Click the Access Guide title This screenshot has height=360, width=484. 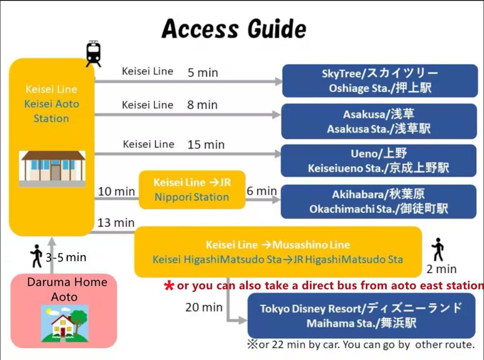pyautogui.click(x=234, y=29)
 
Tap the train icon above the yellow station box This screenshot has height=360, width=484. pyautogui.click(x=93, y=53)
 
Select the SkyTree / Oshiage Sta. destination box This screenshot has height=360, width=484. pyautogui.click(x=380, y=81)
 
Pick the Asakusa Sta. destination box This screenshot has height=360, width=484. pyautogui.click(x=379, y=121)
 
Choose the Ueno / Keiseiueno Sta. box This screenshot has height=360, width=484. pyautogui.click(x=379, y=161)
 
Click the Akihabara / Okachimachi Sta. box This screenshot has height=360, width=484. pyautogui.click(x=379, y=202)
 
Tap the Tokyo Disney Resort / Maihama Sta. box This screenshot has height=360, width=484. pyautogui.click(x=362, y=316)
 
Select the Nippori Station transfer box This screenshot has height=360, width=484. pyautogui.click(x=192, y=190)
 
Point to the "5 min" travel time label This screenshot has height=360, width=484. pyautogui.click(x=203, y=73)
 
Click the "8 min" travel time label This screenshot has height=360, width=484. pyautogui.click(x=202, y=105)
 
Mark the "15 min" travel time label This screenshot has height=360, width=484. pyautogui.click(x=206, y=144)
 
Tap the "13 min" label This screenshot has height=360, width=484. pyautogui.click(x=116, y=223)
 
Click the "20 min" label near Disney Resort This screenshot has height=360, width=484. pyautogui.click(x=204, y=307)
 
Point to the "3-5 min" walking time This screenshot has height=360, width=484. pyautogui.click(x=66, y=257)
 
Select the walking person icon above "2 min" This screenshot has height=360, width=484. pyautogui.click(x=438, y=250)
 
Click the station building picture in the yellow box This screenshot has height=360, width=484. pyautogui.click(x=52, y=169)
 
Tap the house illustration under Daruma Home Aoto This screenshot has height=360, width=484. pyautogui.click(x=65, y=324)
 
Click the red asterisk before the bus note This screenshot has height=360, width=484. pyautogui.click(x=169, y=286)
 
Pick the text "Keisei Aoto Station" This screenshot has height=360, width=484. pyautogui.click(x=52, y=111)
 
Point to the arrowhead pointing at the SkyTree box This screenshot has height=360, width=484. pyautogui.click(x=279, y=82)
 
